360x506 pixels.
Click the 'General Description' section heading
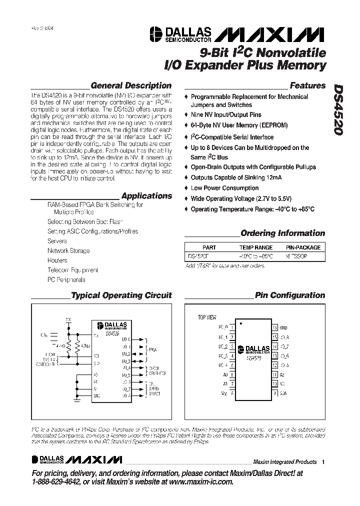coord(131,85)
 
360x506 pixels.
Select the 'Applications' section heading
coord(146,196)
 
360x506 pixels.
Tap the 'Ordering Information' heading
coord(282,233)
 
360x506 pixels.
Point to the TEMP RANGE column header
coord(255,247)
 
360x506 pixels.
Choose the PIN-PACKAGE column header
coord(303,247)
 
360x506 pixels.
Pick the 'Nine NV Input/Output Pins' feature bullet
coord(226,114)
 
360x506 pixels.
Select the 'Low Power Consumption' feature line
coord(224,188)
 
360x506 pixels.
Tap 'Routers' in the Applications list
coord(57,260)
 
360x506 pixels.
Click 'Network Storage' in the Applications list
coord(68,250)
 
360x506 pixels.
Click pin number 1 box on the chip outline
coord(232,327)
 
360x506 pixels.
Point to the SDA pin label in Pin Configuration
coord(283,393)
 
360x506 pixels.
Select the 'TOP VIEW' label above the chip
coord(207,317)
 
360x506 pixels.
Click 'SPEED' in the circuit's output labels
coord(154,389)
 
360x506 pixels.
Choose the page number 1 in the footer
coord(323,461)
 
